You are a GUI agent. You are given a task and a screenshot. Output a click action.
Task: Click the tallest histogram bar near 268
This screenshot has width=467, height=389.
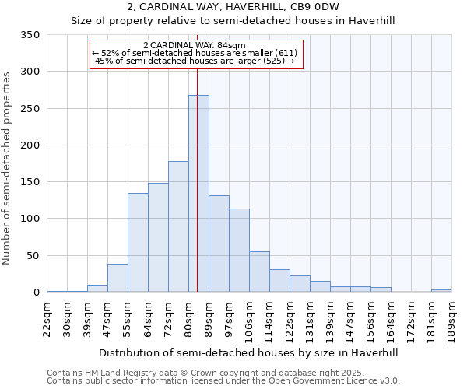(198, 194)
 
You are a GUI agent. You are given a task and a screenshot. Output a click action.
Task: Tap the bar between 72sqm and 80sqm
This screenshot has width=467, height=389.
(178, 226)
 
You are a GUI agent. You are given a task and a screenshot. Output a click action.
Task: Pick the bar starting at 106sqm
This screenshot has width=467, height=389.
(259, 272)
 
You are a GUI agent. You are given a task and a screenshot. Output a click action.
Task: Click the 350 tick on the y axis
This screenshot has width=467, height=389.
(30, 35)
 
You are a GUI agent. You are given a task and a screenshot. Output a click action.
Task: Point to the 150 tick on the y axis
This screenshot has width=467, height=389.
(30, 182)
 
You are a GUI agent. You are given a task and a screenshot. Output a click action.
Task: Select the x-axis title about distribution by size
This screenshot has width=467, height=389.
(249, 352)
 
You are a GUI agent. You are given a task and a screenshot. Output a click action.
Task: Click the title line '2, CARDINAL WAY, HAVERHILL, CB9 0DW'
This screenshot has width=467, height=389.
(233, 8)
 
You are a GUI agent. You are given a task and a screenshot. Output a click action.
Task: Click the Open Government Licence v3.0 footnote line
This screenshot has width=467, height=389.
(223, 380)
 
